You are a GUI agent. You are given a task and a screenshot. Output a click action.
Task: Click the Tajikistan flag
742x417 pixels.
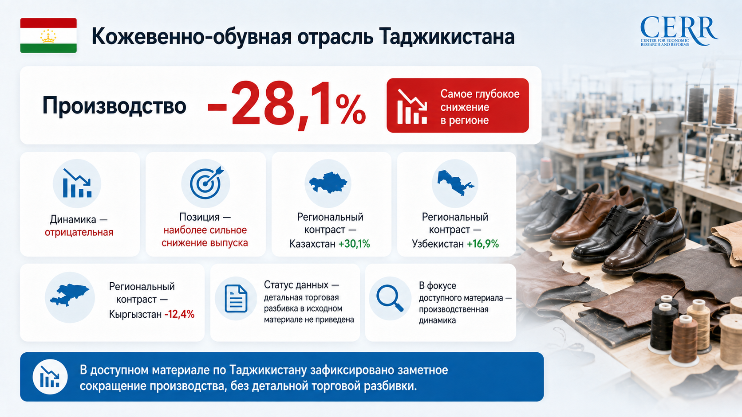[x=48, y=35]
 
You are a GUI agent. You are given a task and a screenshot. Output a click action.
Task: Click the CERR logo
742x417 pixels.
[x=679, y=31]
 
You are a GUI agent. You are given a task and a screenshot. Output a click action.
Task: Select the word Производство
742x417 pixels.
[x=114, y=106]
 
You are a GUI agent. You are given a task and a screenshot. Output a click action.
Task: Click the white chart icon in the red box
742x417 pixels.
[x=412, y=106]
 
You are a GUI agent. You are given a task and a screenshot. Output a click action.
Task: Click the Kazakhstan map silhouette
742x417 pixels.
[x=328, y=182]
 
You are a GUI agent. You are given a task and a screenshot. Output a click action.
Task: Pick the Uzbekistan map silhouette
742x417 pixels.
[x=454, y=183]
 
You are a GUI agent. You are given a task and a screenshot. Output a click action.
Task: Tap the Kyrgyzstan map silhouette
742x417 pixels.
[x=70, y=294]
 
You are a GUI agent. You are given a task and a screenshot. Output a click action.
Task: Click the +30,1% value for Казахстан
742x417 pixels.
[x=354, y=244]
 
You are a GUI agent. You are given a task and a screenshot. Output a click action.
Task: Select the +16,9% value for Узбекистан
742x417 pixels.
[x=483, y=244]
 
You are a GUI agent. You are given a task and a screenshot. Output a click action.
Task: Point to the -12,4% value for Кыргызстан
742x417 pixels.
[x=179, y=314]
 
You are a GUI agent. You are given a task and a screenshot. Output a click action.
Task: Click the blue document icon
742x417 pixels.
[x=236, y=299]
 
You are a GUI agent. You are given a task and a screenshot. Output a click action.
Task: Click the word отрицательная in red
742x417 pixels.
[x=79, y=233]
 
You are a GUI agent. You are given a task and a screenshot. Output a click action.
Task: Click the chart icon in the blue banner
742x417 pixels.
[x=50, y=377]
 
